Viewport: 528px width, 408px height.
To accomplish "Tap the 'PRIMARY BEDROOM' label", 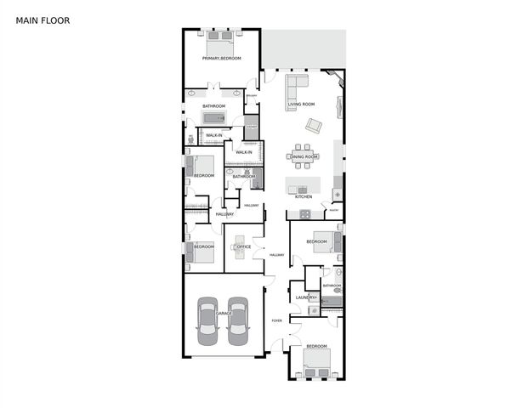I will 221,58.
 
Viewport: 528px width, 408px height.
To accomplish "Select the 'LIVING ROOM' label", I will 301,105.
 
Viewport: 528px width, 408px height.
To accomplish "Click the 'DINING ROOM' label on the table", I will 304,156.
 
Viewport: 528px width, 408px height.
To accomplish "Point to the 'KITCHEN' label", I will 304,196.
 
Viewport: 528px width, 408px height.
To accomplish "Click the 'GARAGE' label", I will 223,314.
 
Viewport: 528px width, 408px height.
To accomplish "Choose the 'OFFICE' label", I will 243,246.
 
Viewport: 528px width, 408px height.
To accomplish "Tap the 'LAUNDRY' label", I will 305,297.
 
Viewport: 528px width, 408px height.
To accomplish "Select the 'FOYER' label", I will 276,320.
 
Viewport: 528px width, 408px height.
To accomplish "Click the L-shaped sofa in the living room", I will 295,90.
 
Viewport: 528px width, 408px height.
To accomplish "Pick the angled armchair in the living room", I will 314,126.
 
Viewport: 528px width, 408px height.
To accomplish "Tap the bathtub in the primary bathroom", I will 214,117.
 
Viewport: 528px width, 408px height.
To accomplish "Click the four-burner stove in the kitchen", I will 337,194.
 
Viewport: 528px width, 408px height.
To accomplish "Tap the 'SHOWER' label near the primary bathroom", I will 251,96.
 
